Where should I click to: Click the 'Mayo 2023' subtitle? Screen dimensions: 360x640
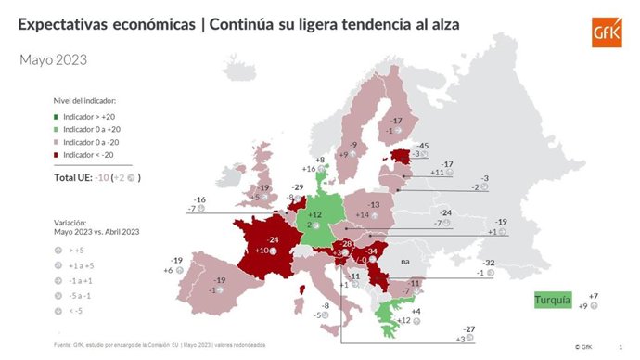tap(54, 60)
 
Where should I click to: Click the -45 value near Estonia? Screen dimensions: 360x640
tap(423, 145)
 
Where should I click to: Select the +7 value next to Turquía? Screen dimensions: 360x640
tap(594, 295)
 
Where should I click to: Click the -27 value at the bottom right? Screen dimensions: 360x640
tap(469, 328)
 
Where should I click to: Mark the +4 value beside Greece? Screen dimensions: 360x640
tap(417, 311)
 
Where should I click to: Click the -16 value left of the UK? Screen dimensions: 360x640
tap(199, 199)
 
